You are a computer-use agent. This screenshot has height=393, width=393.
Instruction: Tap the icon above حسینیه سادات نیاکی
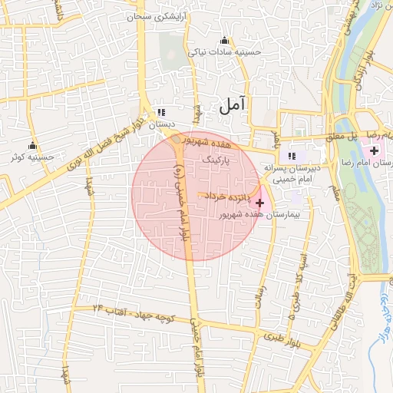click(224, 41)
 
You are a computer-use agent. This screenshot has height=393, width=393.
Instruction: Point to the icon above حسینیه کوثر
click(32, 146)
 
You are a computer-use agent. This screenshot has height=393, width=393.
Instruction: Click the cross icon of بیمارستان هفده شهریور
click(260, 203)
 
